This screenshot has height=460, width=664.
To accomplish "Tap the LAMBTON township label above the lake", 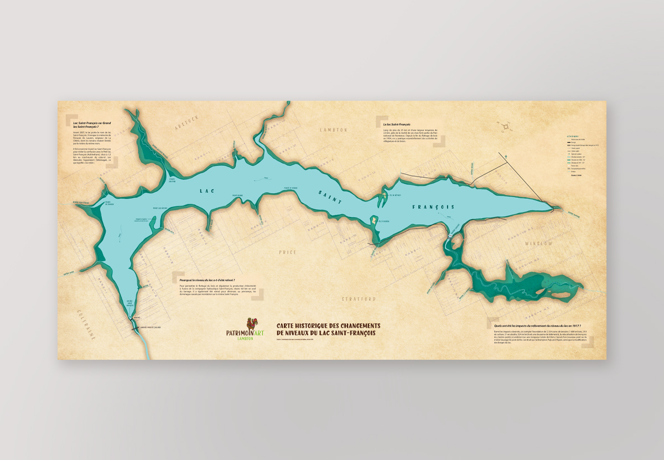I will pos(333,130).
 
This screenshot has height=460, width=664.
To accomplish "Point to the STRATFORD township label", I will pos(358,299).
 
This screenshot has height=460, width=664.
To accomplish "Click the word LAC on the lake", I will pos(208,191).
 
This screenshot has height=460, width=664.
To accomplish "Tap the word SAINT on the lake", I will pos(330,199).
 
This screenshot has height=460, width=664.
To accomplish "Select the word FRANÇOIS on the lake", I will pos(433,207).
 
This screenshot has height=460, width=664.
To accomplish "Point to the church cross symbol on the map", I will pos(506,157).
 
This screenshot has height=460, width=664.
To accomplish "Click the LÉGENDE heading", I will pos(572,136).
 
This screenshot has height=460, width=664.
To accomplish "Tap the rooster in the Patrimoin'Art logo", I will pos(253,323).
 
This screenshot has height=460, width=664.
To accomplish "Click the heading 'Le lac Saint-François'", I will pos(396,125).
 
